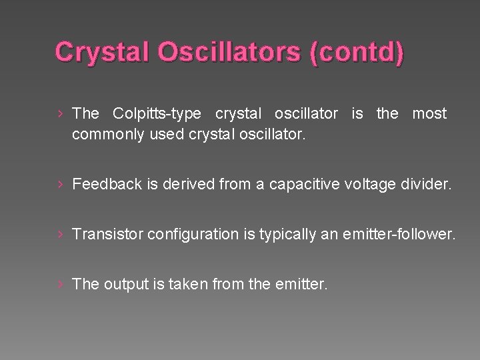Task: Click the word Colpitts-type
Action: (x=157, y=114)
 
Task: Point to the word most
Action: (x=429, y=114)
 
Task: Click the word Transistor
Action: (x=107, y=234)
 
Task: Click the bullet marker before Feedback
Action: (x=61, y=184)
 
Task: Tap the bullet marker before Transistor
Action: (x=61, y=234)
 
